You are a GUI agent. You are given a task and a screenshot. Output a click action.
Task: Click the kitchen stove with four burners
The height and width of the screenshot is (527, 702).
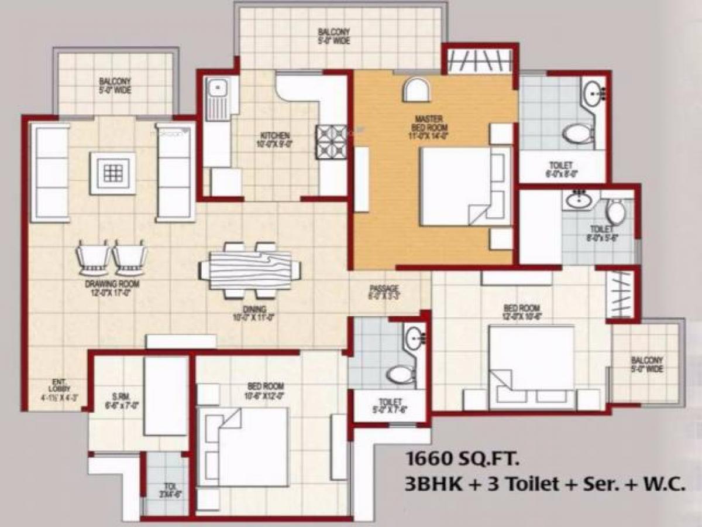(x=332, y=142)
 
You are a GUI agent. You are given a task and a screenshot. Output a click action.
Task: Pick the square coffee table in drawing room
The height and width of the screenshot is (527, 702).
(x=112, y=173)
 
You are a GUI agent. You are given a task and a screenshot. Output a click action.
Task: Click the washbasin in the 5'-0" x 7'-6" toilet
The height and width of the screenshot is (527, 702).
(x=415, y=338)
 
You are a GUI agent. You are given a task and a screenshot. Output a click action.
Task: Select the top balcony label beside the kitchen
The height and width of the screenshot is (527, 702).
(x=334, y=36)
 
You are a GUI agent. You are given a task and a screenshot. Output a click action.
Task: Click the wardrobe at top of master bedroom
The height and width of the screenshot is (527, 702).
(x=480, y=61)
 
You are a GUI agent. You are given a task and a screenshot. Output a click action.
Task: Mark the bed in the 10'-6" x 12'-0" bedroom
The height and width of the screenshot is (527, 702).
(x=244, y=447)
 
